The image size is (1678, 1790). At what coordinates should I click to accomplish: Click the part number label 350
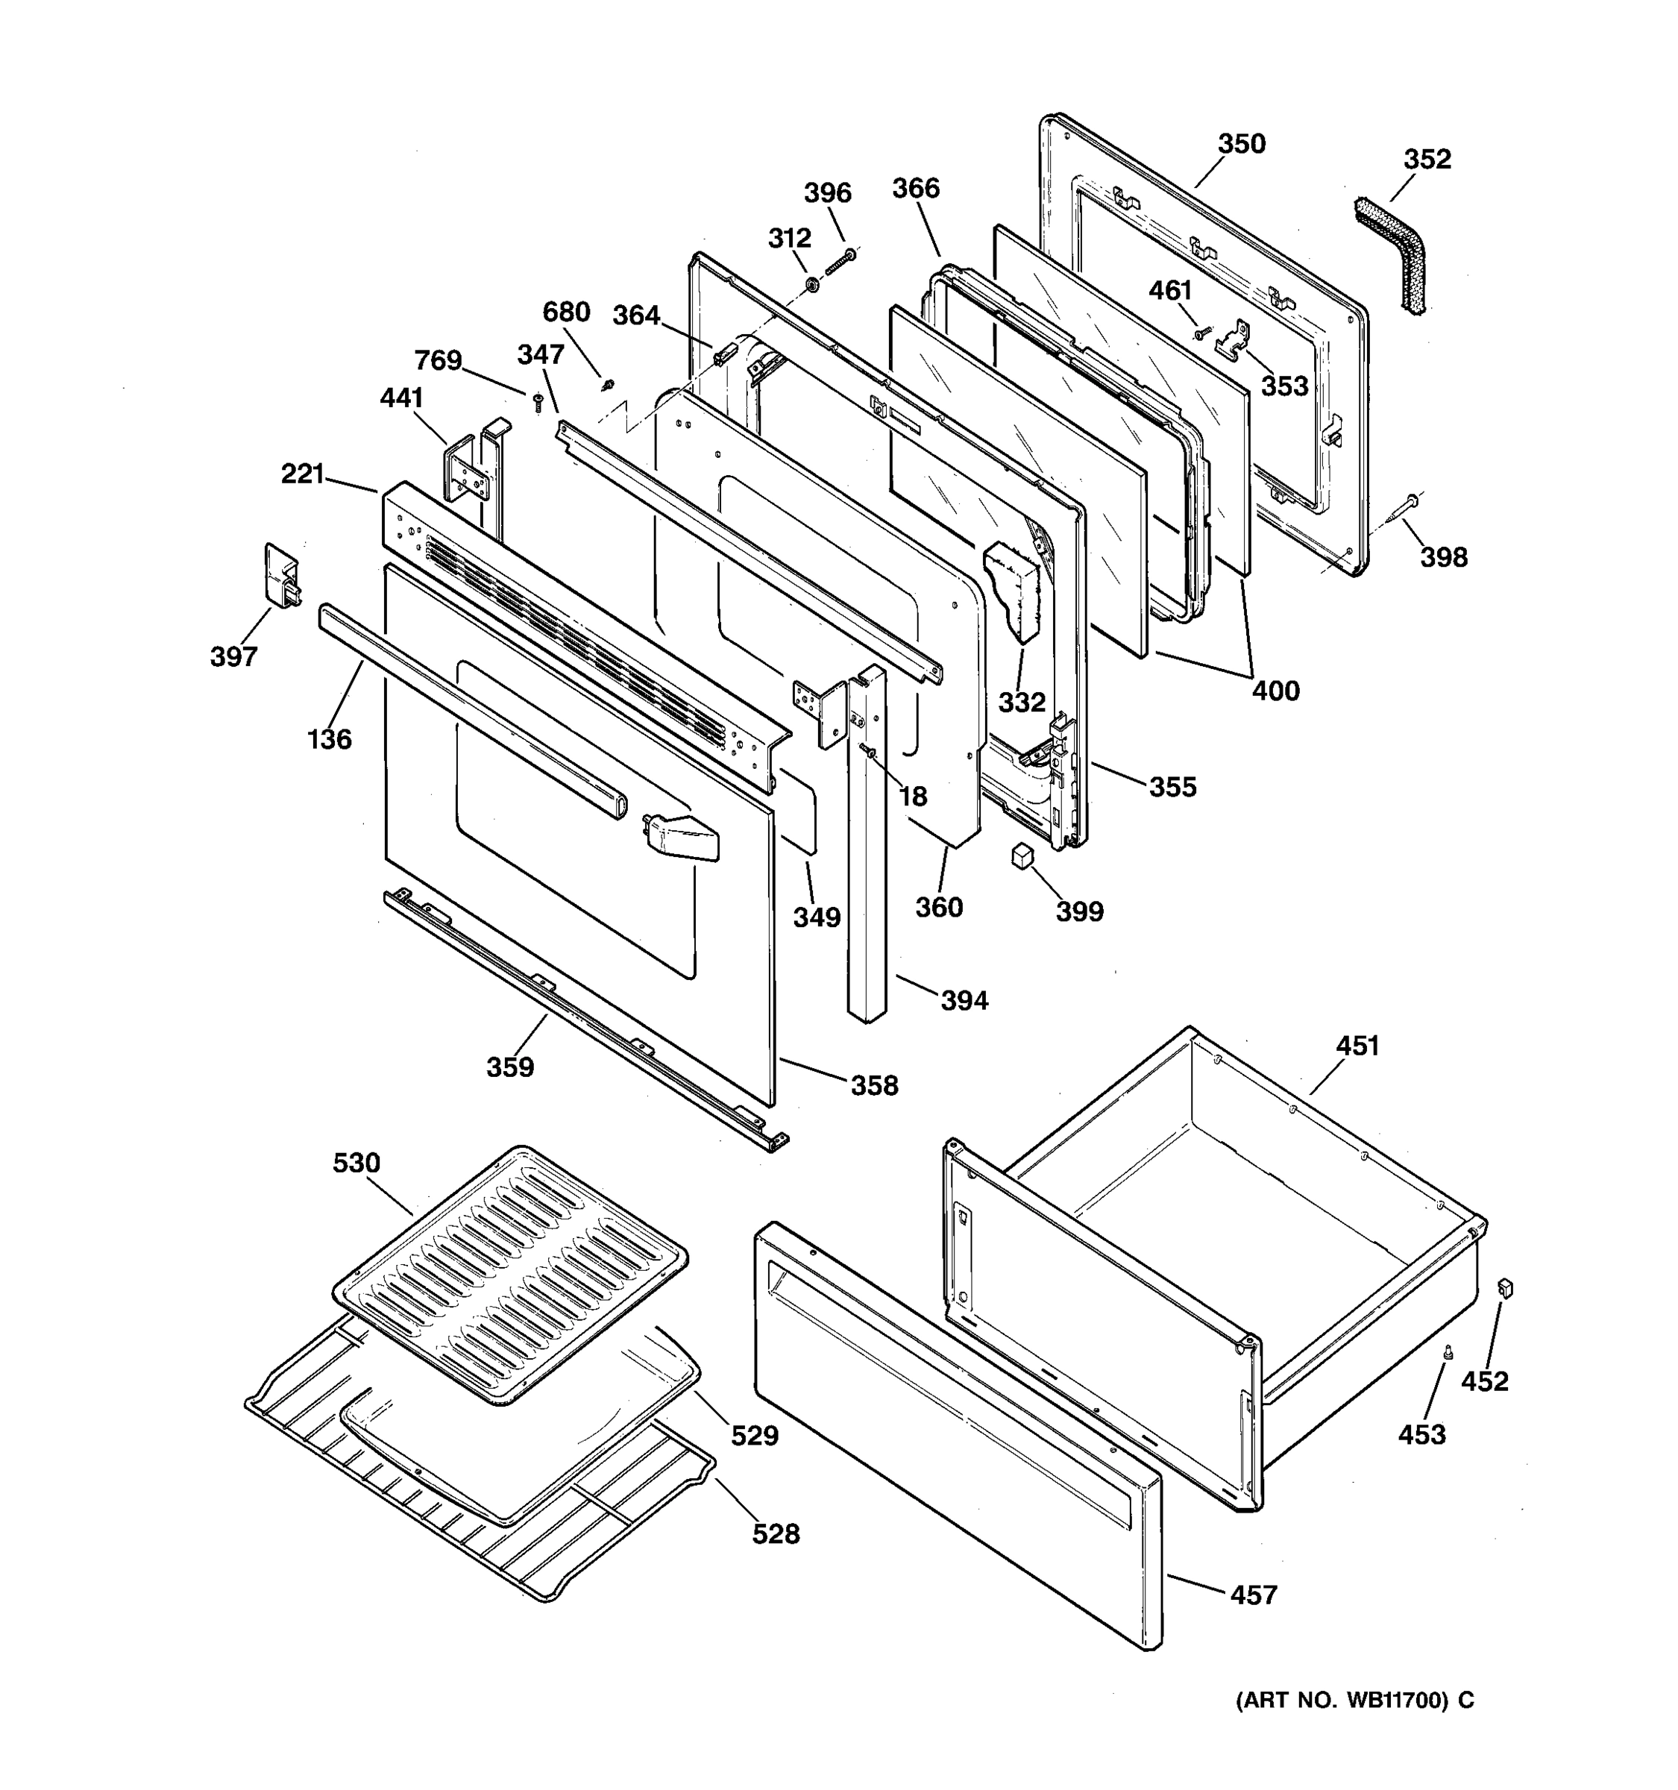point(1242,144)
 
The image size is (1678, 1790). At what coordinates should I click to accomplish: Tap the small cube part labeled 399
point(1021,855)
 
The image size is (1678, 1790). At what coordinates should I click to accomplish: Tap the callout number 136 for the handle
point(330,739)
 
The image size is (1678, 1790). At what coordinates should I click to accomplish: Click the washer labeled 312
point(811,286)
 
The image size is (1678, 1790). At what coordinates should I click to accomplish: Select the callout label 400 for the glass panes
point(1275,691)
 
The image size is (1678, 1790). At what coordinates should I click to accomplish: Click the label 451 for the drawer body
point(1357,1046)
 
